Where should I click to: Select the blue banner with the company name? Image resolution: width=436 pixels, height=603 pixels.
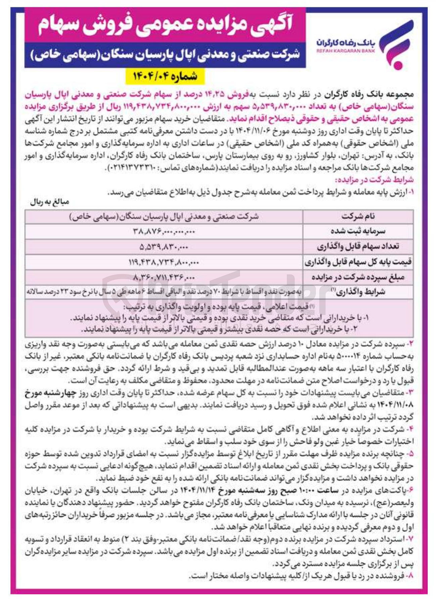165,55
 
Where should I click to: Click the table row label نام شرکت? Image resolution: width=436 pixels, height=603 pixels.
358,217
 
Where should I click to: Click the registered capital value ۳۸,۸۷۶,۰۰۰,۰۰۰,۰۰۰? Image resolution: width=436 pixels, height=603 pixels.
164,231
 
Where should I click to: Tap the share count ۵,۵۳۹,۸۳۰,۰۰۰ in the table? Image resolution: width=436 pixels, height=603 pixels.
164,247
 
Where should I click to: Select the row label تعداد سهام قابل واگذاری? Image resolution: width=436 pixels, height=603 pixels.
358,246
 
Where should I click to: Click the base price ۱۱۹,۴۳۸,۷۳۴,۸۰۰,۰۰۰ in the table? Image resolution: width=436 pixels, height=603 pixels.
164,262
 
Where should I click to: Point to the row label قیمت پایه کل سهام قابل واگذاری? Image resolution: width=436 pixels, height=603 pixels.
358,262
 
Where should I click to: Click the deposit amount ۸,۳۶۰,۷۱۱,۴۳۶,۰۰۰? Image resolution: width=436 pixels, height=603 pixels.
164,278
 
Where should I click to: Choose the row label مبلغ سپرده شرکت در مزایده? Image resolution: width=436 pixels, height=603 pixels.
358,277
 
